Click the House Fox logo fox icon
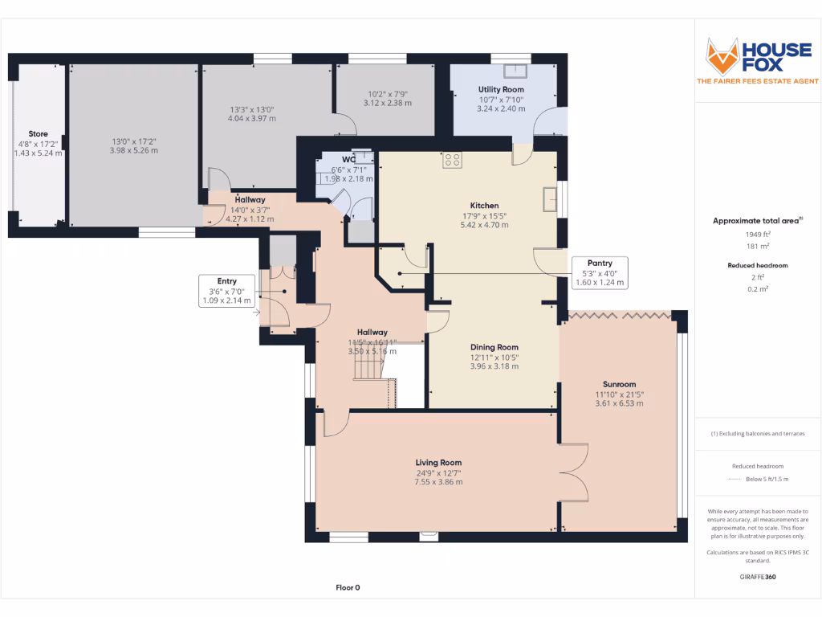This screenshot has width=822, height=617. click(x=722, y=55)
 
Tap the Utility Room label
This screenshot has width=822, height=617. click(x=501, y=89)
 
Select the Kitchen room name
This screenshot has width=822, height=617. click(x=484, y=206)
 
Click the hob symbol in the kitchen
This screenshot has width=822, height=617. click(x=452, y=160)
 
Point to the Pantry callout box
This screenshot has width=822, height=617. click(x=599, y=273)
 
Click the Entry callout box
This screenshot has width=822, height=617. click(x=226, y=291)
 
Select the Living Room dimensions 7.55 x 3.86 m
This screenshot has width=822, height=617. click(x=438, y=482)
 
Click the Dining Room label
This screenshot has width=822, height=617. click(x=494, y=347)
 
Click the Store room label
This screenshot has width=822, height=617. click(x=38, y=134)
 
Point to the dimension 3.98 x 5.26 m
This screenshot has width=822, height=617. click(x=134, y=150)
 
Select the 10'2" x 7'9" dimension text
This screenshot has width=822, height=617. click(x=387, y=93)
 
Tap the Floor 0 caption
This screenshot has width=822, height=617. click(x=347, y=587)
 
